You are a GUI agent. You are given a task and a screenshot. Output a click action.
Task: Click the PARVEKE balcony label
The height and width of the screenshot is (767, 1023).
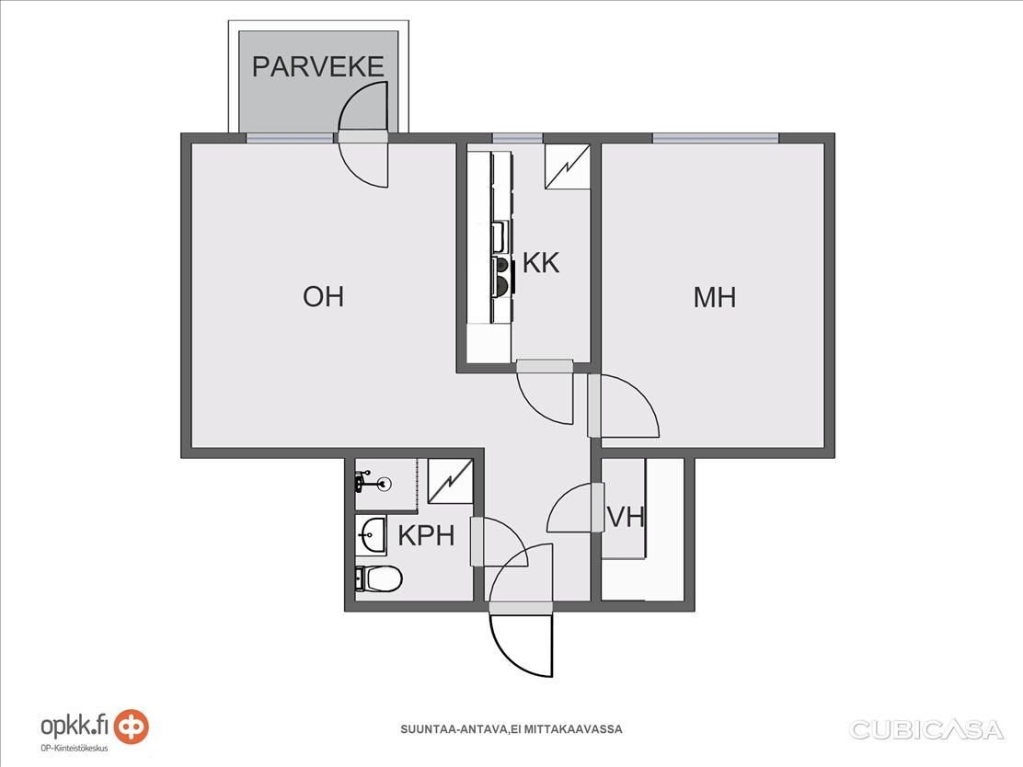[317, 66]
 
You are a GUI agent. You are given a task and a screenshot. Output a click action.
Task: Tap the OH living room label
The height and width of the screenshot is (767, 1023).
[323, 297]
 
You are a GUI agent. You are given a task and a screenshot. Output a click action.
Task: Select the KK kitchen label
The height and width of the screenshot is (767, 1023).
[541, 263]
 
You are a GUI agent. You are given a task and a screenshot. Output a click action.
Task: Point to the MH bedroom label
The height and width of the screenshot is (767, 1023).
[715, 297]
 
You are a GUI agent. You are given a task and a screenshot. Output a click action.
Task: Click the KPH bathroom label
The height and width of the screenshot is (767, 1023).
[426, 535]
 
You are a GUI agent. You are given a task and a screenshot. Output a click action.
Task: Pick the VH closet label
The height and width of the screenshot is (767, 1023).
[626, 517]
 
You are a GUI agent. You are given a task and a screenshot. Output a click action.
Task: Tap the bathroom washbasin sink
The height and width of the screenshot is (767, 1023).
[372, 535]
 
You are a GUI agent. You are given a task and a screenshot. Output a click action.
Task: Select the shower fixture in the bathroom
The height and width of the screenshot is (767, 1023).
[373, 483]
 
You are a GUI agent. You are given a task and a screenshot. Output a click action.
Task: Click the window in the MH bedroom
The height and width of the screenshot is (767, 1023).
[716, 138]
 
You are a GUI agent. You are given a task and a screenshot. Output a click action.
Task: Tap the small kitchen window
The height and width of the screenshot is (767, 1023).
[517, 138]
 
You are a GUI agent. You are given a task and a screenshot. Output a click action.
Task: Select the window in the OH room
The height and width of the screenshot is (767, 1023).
[290, 138]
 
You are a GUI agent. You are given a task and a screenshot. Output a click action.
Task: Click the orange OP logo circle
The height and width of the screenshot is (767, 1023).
[132, 726]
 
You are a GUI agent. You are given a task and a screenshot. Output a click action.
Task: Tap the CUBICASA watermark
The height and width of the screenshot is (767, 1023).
[926, 730]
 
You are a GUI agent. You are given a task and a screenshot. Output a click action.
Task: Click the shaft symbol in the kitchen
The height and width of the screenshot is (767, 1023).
[568, 166]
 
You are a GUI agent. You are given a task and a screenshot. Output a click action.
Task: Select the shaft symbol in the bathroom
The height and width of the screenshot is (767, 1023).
[450, 481]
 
